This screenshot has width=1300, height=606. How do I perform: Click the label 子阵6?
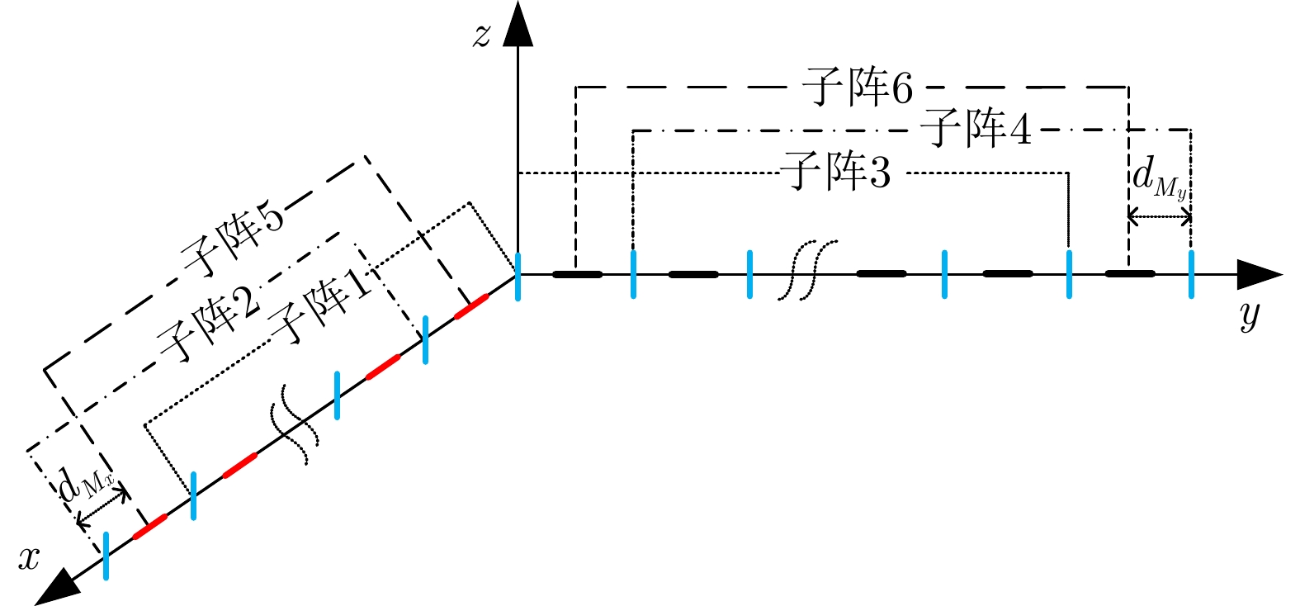pyautogui.click(x=858, y=87)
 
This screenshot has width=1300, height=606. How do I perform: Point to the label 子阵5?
pyautogui.click(x=234, y=243)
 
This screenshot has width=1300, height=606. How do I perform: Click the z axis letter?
pyautogui.click(x=482, y=36)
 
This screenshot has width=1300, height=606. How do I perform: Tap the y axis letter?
pyautogui.click(x=1250, y=315)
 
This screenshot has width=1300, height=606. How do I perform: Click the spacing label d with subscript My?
pyautogui.click(x=1159, y=179)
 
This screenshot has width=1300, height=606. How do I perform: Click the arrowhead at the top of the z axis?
pyautogui.click(x=518, y=23)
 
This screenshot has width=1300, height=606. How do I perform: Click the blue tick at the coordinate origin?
pyautogui.click(x=518, y=276)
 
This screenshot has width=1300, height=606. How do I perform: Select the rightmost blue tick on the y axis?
pyautogui.click(x=1191, y=274)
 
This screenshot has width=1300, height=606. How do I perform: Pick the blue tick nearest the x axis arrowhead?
pyautogui.click(x=106, y=556)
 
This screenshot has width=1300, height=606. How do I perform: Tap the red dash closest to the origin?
pyautogui.click(x=471, y=305)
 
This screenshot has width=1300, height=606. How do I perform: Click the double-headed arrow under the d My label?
pyautogui.click(x=1160, y=218)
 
